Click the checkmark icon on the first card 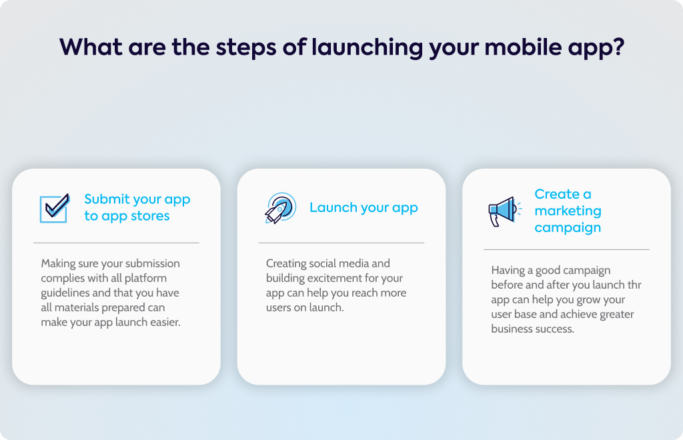[x=55, y=208]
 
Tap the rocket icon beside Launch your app [x=281, y=208]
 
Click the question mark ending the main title [x=618, y=47]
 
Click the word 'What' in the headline [x=91, y=47]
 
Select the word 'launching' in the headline [x=367, y=48]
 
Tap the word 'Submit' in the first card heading [x=107, y=199]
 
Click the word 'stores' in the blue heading [x=150, y=216]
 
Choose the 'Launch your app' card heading [x=364, y=208]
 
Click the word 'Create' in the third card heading [x=557, y=194]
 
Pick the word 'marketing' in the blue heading [x=568, y=211]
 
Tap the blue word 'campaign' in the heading [x=568, y=228]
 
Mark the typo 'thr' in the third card [x=634, y=285]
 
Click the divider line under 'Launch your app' [x=341, y=243]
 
